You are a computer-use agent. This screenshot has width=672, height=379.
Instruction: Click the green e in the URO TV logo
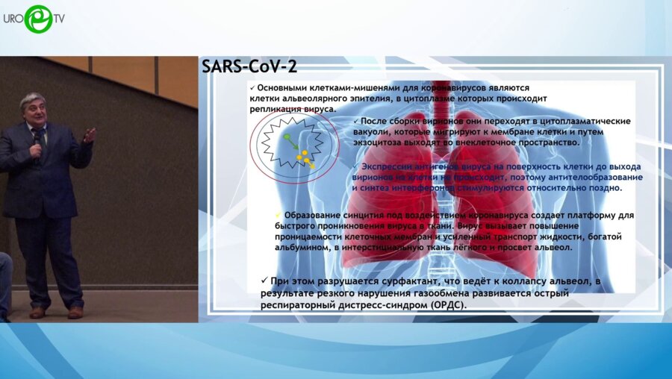37,19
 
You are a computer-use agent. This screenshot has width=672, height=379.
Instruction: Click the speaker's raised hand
90,135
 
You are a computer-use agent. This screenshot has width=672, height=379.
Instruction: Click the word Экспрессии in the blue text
390,166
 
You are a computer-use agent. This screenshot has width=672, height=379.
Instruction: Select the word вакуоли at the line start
374,131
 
